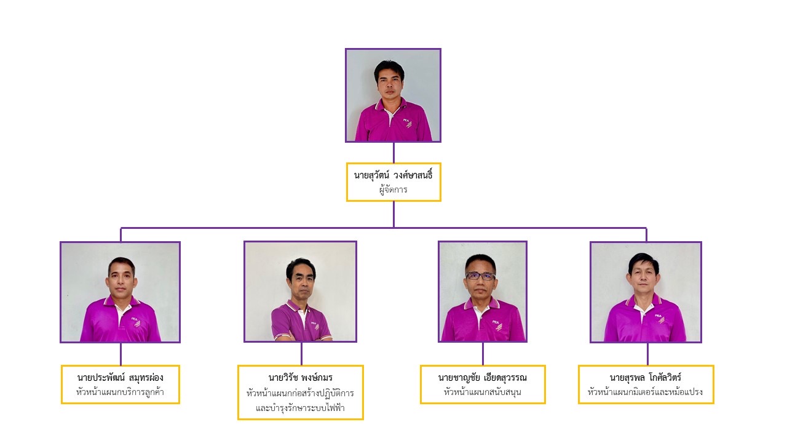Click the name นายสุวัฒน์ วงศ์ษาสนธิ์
tap(393, 175)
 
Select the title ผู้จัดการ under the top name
tap(393, 190)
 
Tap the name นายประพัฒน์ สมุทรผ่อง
tap(120, 378)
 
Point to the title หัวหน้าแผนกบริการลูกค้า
tap(120, 392)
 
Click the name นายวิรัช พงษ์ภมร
tap(301, 378)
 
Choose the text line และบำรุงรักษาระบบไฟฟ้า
tap(301, 408)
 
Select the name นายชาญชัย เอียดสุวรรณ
tap(483, 378)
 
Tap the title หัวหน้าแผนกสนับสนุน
tap(483, 392)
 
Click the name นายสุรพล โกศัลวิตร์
tap(646, 378)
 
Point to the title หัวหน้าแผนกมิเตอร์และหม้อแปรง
tap(646, 392)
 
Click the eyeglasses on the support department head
tap(480, 276)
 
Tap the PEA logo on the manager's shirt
tap(408, 122)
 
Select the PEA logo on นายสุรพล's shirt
tap(660, 318)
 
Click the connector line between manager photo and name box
tap(393, 153)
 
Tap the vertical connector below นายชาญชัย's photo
tap(483, 354)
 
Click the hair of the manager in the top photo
tap(389, 68)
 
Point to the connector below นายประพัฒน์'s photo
tap(121, 354)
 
